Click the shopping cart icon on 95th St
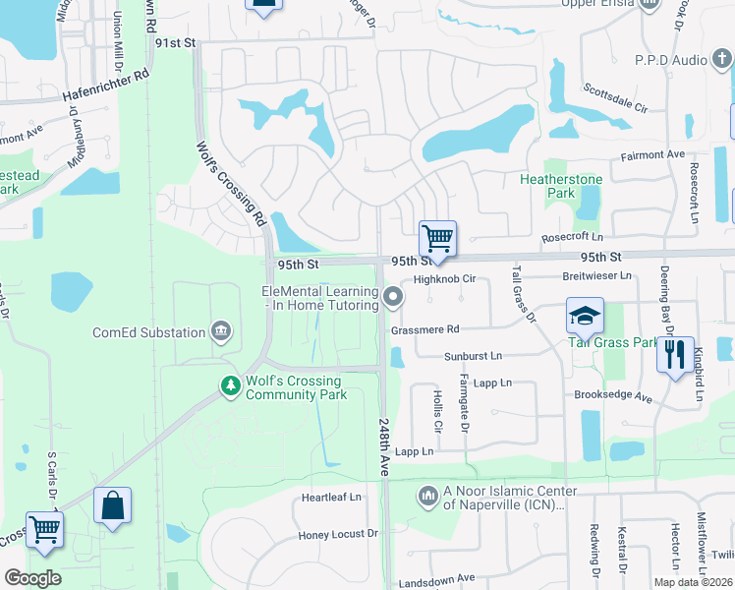coord(437,238)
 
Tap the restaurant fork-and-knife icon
coord(674,354)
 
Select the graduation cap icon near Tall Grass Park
coord(585,316)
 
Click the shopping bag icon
coord(112,505)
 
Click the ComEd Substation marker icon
coord(221,331)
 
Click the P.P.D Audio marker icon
coord(722,60)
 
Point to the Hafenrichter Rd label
coord(105,86)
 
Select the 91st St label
coord(176,43)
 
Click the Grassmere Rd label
coord(424,329)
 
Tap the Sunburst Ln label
coord(472,355)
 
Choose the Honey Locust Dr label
coord(338,535)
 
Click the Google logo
coord(32,578)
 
